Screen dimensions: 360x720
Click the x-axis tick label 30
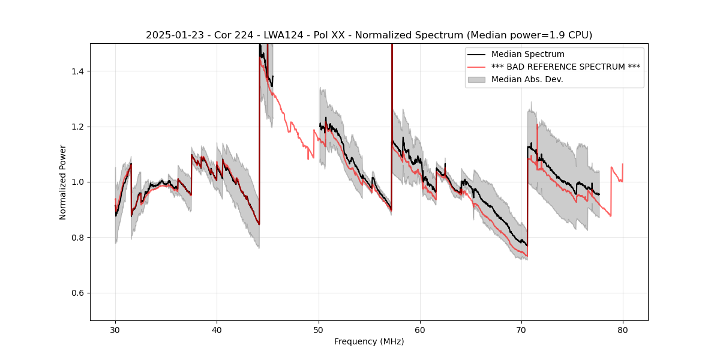coord(115,329)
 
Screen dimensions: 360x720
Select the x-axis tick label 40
coord(217,329)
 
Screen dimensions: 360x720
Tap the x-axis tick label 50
coord(318,329)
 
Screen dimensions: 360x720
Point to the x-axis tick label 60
coord(420,329)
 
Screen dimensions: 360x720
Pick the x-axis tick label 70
coord(521,329)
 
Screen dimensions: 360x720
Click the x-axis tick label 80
coord(623,329)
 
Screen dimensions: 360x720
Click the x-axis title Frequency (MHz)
coord(369,341)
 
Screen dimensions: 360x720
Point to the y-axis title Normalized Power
coord(63,182)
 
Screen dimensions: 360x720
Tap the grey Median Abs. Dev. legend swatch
coord(478,79)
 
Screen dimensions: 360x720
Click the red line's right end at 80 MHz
coord(623,164)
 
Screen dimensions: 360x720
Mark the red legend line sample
coord(478,67)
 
